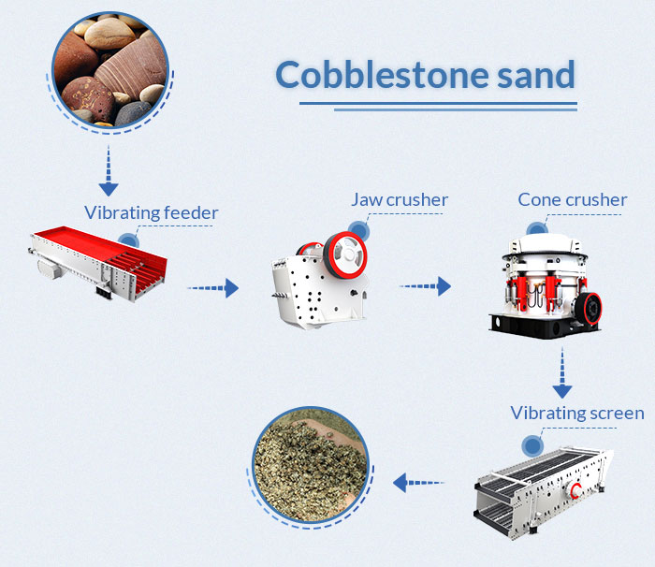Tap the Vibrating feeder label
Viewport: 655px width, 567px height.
(151, 212)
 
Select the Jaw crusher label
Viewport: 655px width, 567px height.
(400, 199)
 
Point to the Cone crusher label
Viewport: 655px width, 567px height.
(573, 199)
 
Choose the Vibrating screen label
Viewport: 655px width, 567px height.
(577, 413)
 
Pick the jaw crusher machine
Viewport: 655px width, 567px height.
(317, 277)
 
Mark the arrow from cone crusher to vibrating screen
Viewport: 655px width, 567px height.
(561, 373)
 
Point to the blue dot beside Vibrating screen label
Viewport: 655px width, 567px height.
(531, 445)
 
